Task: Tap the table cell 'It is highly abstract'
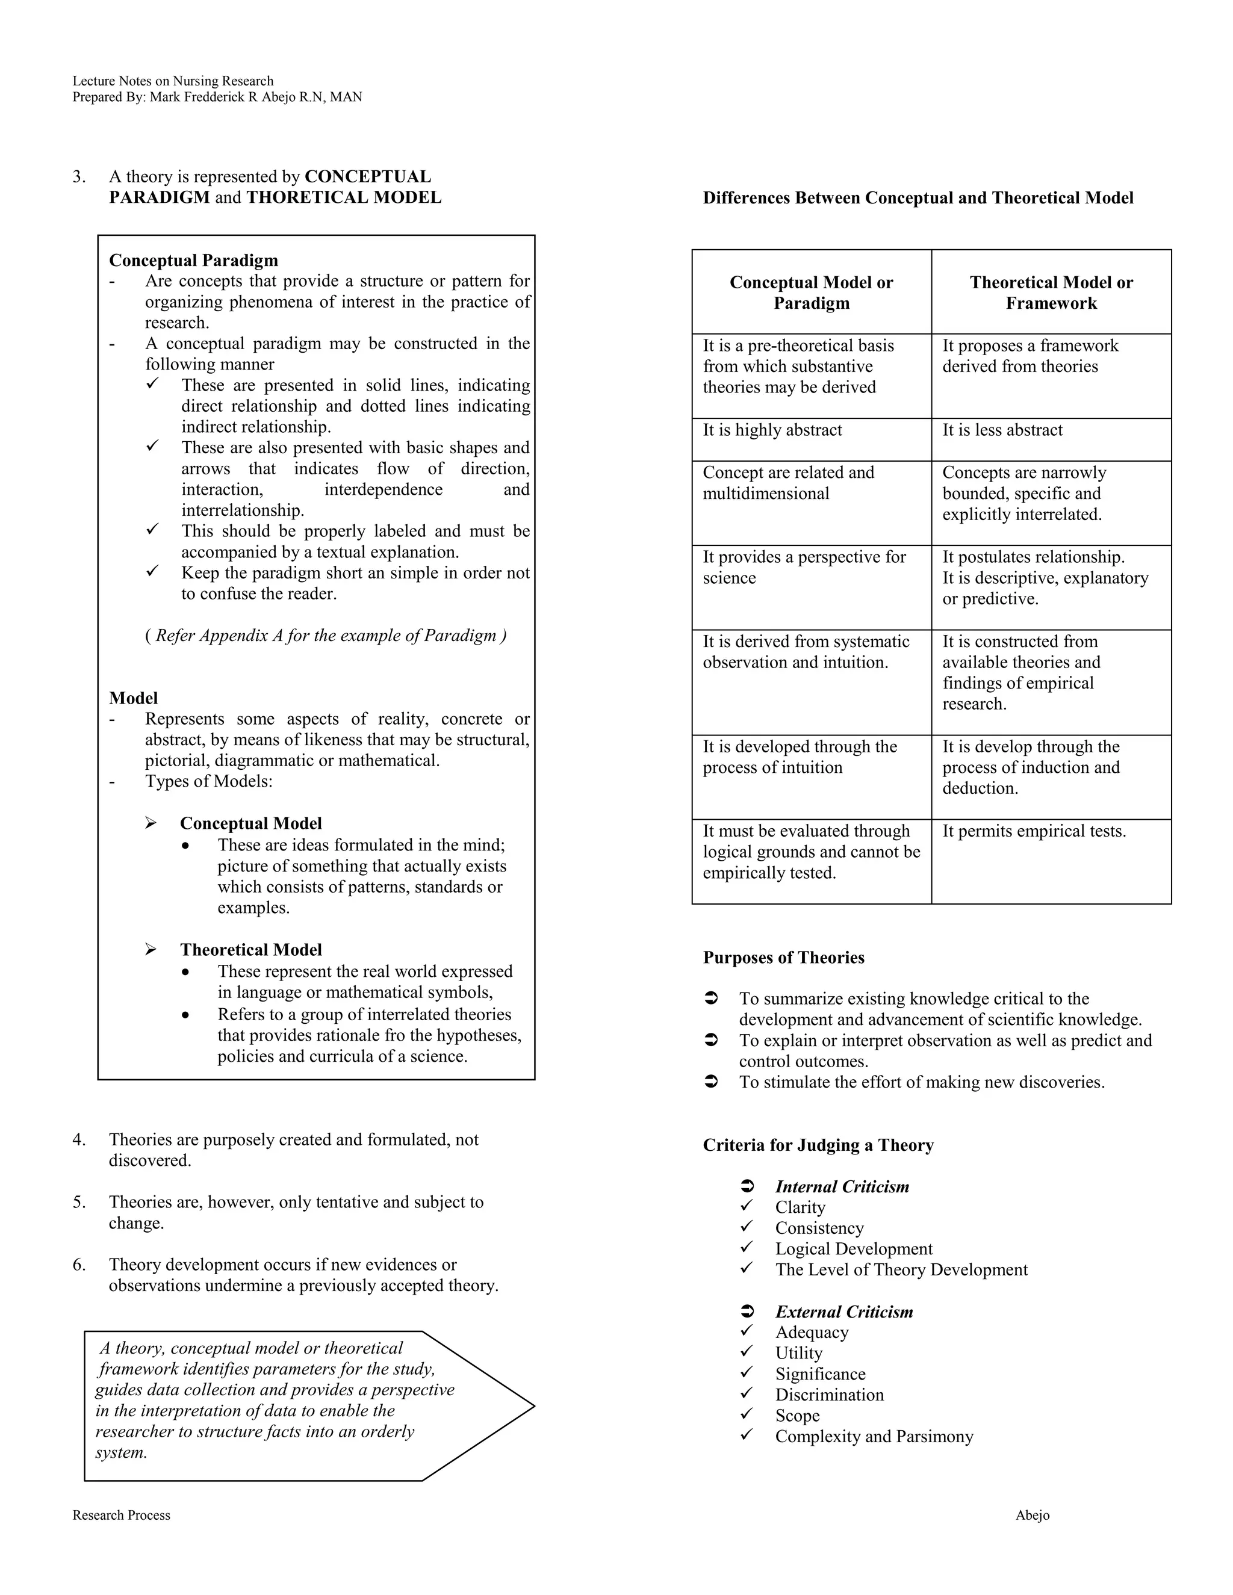tap(772, 430)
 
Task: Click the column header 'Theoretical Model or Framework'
tap(1051, 293)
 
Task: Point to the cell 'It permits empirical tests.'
tap(1034, 831)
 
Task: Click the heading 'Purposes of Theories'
tap(783, 958)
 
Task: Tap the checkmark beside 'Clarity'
tap(747, 1206)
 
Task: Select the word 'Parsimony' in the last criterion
tap(939, 1437)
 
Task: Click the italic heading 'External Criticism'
tap(843, 1312)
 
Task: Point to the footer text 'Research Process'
tap(121, 1516)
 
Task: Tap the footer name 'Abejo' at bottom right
tap(1031, 1516)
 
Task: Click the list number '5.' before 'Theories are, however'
tap(79, 1202)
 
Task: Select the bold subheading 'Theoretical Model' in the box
tap(250, 949)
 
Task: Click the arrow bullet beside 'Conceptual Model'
tap(151, 823)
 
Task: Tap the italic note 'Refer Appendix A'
tap(325, 636)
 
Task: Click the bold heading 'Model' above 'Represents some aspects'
tap(133, 698)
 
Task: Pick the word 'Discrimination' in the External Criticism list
tap(829, 1395)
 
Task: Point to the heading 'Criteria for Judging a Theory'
tap(818, 1145)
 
